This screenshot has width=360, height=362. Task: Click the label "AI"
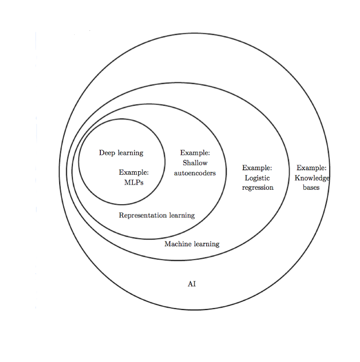pyautogui.click(x=192, y=284)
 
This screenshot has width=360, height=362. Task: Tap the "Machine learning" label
pyautogui.click(x=192, y=244)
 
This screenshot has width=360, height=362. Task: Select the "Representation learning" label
pyautogui.click(x=157, y=215)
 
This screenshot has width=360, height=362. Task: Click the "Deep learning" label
pyautogui.click(x=121, y=153)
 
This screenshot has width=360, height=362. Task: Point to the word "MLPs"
pyautogui.click(x=134, y=183)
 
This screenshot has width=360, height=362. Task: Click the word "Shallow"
pyautogui.click(x=195, y=163)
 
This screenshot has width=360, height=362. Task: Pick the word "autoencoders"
pyautogui.click(x=195, y=173)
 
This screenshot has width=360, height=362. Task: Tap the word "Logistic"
pyautogui.click(x=257, y=178)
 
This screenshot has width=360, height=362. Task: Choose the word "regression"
pyautogui.click(x=258, y=188)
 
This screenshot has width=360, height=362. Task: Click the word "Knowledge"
pyautogui.click(x=312, y=178)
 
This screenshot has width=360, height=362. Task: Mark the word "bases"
pyautogui.click(x=311, y=188)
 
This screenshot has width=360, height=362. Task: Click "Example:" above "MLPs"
pyautogui.click(x=134, y=173)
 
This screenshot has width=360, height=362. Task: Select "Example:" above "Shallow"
pyautogui.click(x=195, y=153)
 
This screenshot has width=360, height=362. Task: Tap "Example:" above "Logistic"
pyautogui.click(x=257, y=168)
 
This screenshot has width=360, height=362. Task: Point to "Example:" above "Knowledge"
pyautogui.click(x=311, y=168)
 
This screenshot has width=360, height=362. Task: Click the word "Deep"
pyautogui.click(x=107, y=153)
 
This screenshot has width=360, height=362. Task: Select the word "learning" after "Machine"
pyautogui.click(x=206, y=244)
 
